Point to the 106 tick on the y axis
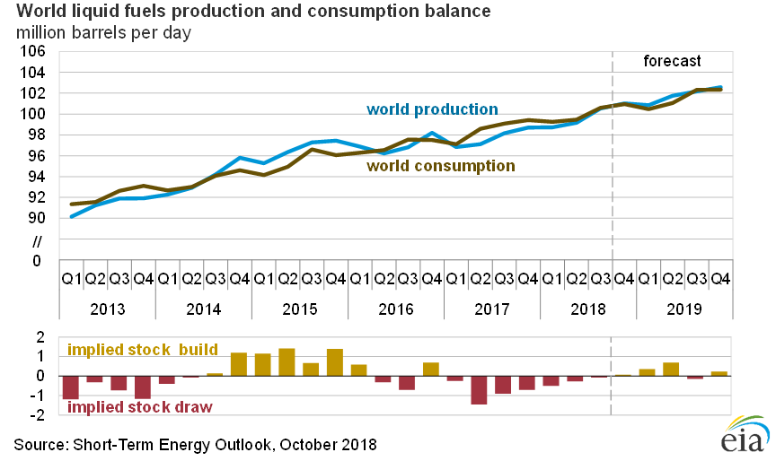(32, 51)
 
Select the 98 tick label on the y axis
(37, 135)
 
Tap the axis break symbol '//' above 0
(38, 239)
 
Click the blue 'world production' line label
(432, 109)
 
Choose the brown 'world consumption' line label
(440, 166)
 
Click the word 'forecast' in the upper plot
(672, 61)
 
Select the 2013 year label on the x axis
(107, 308)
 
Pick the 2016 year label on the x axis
(396, 308)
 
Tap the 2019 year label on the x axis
(685, 308)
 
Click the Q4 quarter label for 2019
(720, 279)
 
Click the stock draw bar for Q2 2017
(480, 390)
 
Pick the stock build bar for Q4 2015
(335, 362)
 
